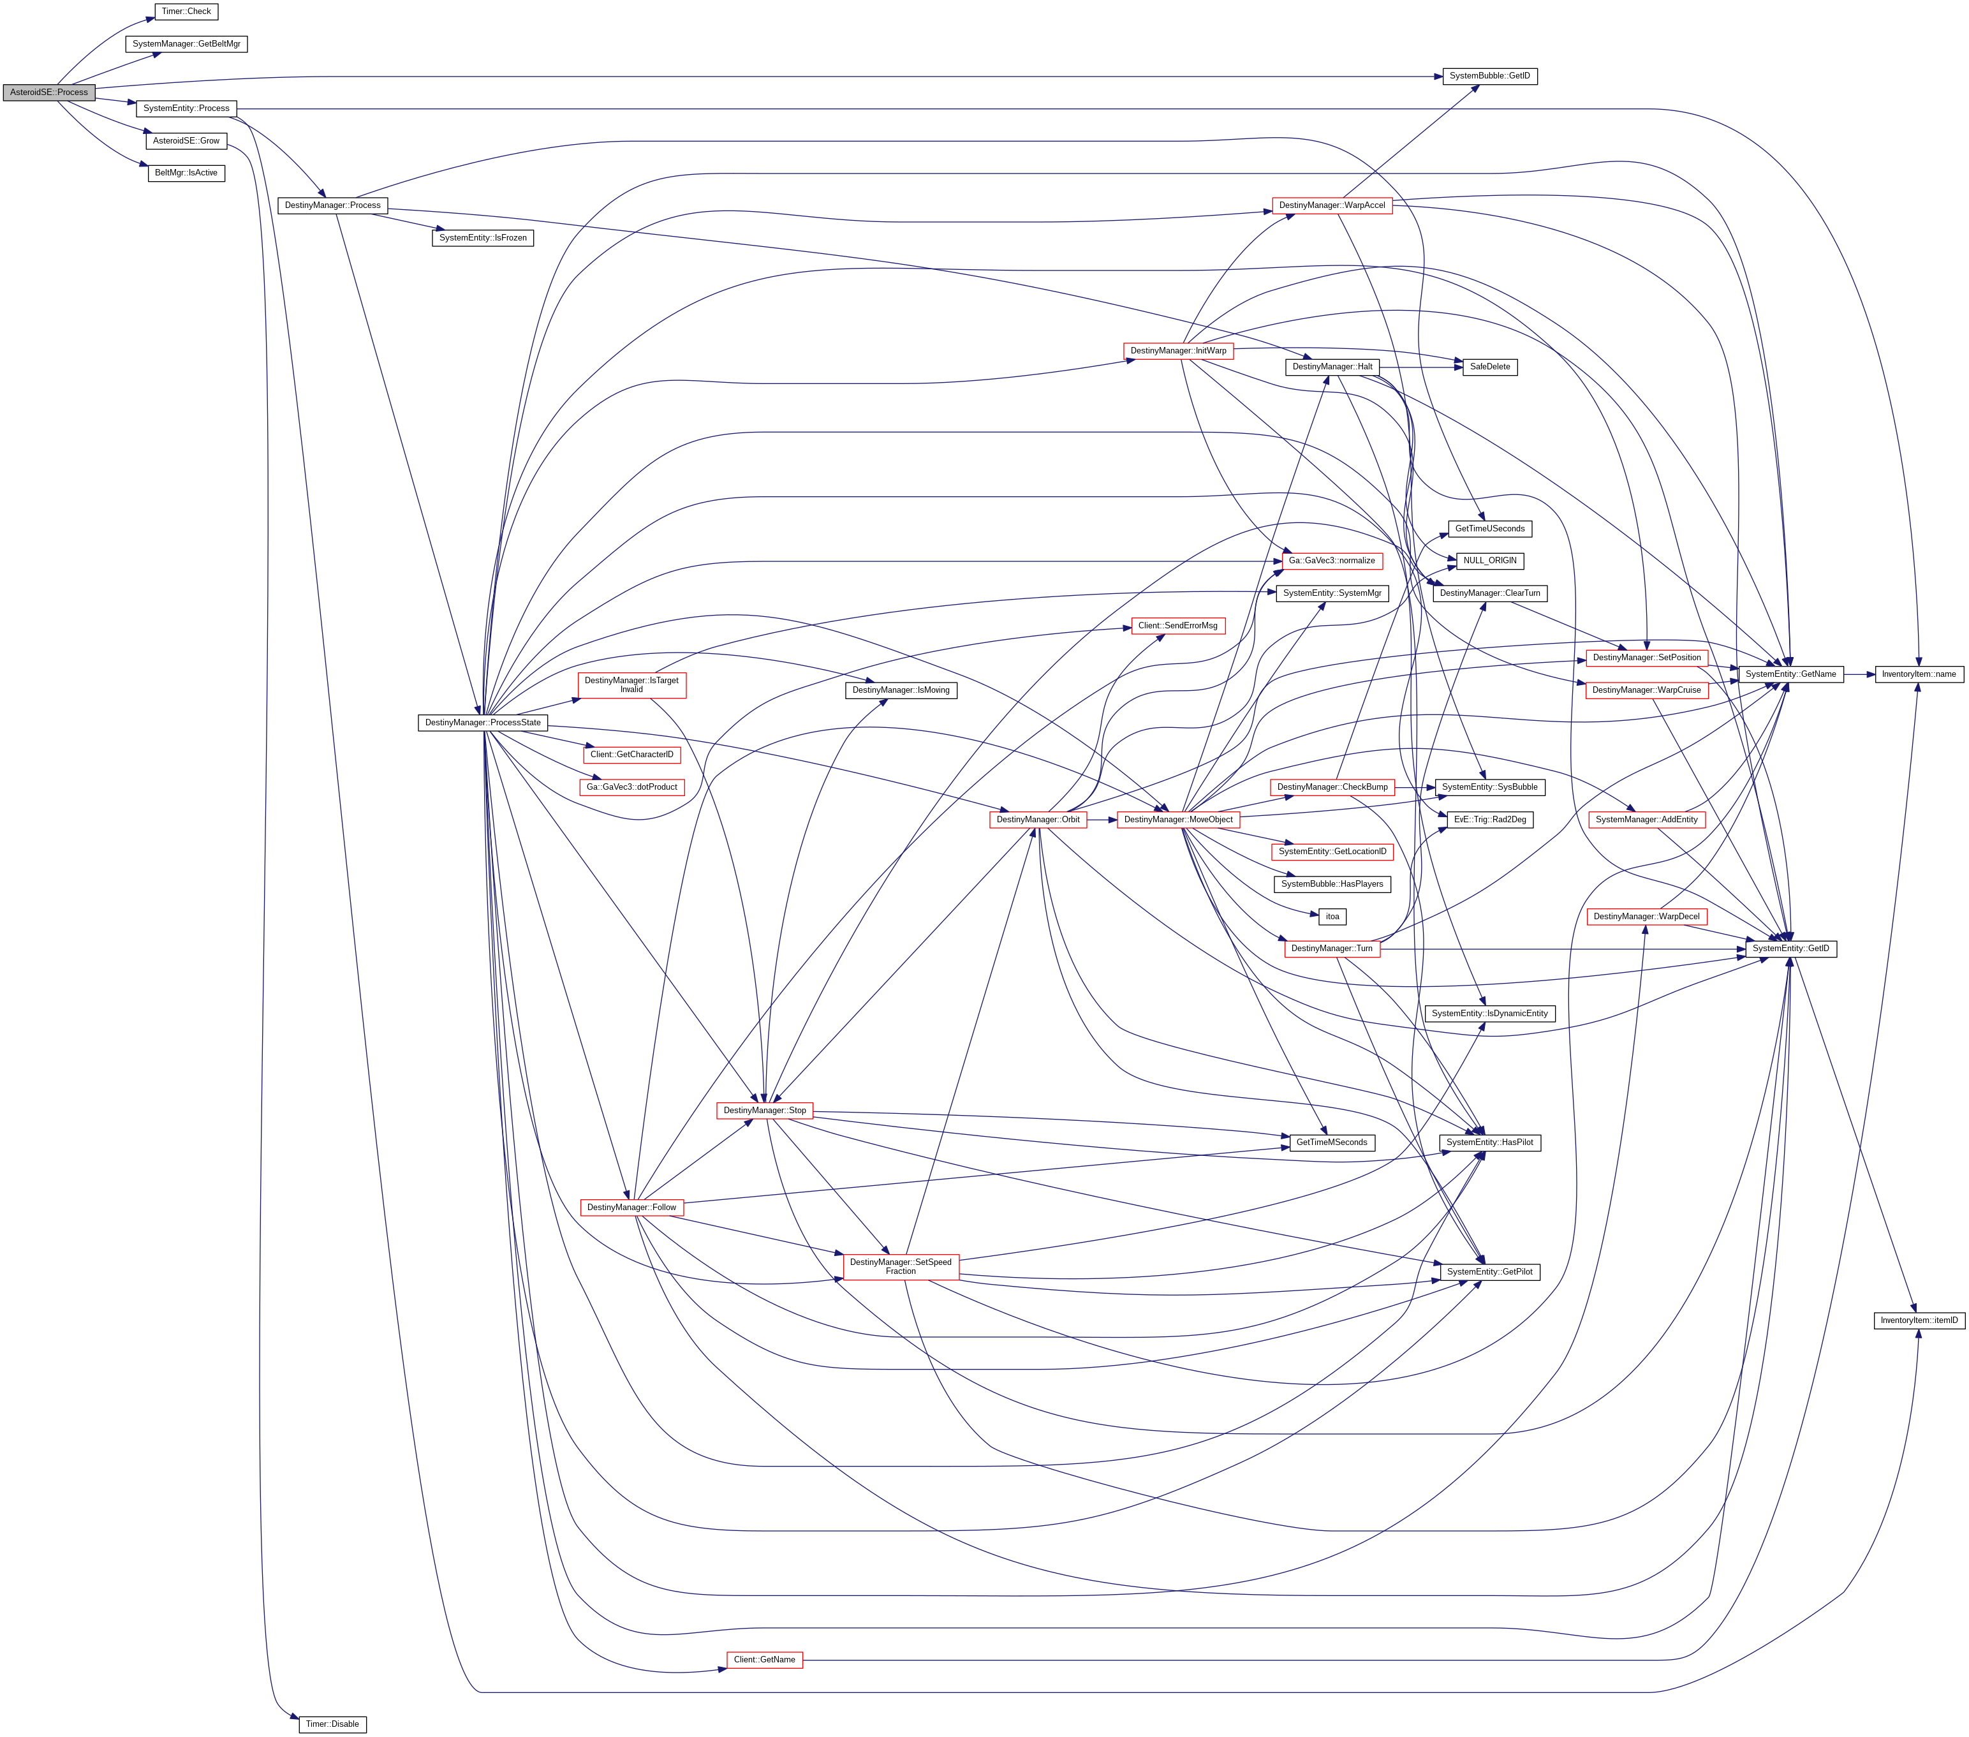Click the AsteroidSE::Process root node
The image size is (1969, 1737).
tap(49, 92)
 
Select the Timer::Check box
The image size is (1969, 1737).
tap(186, 11)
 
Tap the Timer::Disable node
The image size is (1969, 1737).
tap(332, 1724)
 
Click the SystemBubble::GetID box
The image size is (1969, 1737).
tap(1489, 76)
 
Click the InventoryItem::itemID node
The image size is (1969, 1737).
tap(1919, 1320)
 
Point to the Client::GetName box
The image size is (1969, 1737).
tap(764, 1660)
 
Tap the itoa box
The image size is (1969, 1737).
tap(1332, 916)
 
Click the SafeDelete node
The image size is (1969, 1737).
tap(1489, 367)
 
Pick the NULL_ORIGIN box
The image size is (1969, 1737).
tap(1489, 561)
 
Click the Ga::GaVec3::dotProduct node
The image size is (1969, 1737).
tap(632, 787)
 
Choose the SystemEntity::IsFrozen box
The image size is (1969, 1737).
tap(483, 238)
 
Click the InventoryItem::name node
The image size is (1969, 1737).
tap(1919, 674)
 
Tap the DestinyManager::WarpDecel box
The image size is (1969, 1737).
tap(1646, 916)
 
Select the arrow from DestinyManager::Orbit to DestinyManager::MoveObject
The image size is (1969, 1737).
tap(1102, 820)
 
